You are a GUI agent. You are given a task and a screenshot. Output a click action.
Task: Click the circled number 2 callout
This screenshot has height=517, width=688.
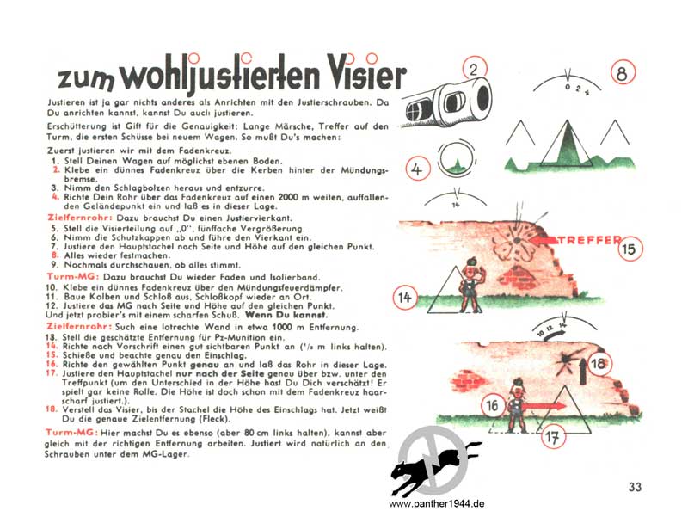[475, 70]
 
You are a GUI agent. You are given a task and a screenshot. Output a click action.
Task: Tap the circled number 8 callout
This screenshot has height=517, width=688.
[623, 73]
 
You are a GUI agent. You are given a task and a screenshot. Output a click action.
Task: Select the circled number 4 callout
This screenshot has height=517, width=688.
[417, 169]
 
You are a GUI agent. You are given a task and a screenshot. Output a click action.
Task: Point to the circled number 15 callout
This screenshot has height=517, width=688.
[630, 249]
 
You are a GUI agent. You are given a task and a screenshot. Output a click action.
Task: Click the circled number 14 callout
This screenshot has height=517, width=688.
[404, 298]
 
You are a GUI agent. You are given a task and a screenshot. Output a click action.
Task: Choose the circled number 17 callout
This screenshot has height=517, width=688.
[552, 437]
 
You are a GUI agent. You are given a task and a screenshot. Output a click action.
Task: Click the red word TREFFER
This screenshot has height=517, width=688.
[590, 240]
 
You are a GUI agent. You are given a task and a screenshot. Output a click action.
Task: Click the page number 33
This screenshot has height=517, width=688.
[635, 487]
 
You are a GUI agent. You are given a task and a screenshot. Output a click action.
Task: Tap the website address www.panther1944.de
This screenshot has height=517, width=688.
[437, 504]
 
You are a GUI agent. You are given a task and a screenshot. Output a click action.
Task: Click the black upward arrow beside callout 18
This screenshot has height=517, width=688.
[583, 371]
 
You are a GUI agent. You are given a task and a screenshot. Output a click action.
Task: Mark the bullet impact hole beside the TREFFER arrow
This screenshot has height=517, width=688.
[517, 240]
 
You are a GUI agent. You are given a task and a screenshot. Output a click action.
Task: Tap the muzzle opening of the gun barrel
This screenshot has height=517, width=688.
[482, 95]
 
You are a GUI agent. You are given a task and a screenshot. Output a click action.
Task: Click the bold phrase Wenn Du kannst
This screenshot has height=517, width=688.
[286, 315]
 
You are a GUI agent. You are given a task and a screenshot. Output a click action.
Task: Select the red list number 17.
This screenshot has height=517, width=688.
[52, 373]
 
